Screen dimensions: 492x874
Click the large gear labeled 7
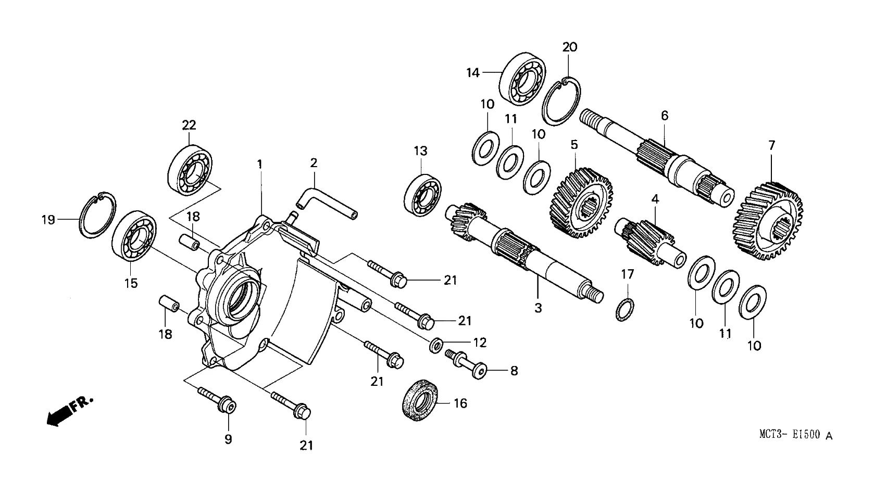tap(769, 221)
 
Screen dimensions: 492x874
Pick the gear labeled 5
tap(581, 203)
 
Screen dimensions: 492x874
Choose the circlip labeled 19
tap(97, 215)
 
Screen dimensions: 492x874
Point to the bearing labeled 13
tap(422, 196)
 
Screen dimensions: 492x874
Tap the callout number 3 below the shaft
tap(538, 308)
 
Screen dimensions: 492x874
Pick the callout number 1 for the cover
tap(259, 165)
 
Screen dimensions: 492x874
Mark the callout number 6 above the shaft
tap(664, 116)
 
